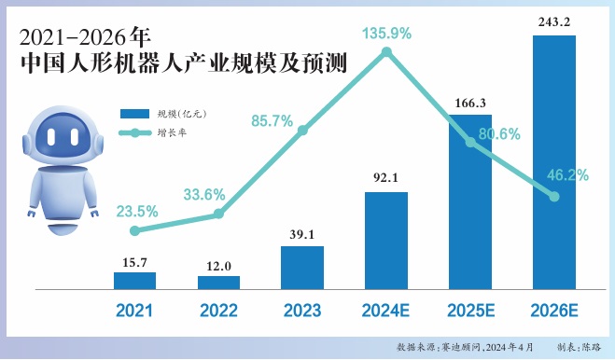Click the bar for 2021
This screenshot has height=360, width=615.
coord(134,280)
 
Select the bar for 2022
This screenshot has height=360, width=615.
coord(218,282)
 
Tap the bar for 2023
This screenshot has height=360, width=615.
coord(302,268)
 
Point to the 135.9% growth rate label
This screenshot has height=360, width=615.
coord(386,33)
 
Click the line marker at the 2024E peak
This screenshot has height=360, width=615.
coord(386,53)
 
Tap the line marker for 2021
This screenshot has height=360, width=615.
coord(134,230)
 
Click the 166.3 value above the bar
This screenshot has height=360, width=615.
coord(470,101)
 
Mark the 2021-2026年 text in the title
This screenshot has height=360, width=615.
coord(84,38)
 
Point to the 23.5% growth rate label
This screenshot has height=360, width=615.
coord(136,211)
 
